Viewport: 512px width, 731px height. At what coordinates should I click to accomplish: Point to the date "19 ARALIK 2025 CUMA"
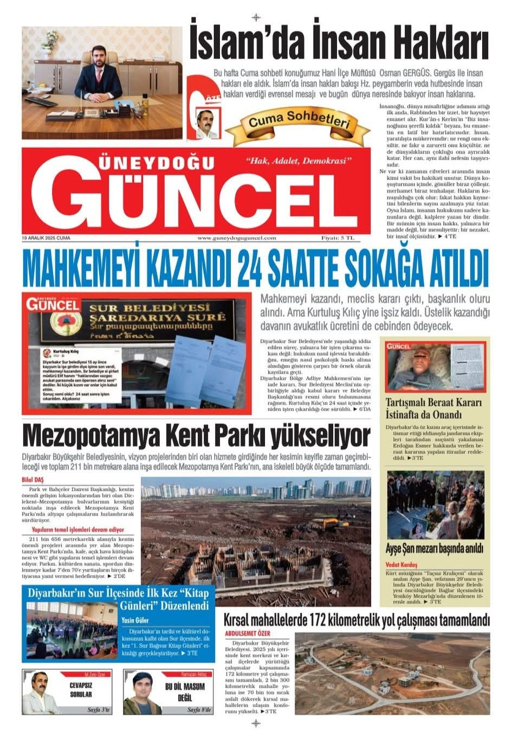pyautogui.click(x=47, y=238)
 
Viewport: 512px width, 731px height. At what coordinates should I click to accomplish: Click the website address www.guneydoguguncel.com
pyautogui.click(x=237, y=238)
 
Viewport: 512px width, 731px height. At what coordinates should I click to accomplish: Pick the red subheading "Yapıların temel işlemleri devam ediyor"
pyautogui.click(x=80, y=528)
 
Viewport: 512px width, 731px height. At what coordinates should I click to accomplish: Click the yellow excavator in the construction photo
pyautogui.click(x=330, y=524)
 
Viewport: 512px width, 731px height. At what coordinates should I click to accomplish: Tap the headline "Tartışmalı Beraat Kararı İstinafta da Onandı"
pyautogui.click(x=433, y=409)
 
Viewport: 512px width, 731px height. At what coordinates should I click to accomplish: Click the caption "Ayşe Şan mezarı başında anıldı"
pyautogui.click(x=435, y=548)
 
